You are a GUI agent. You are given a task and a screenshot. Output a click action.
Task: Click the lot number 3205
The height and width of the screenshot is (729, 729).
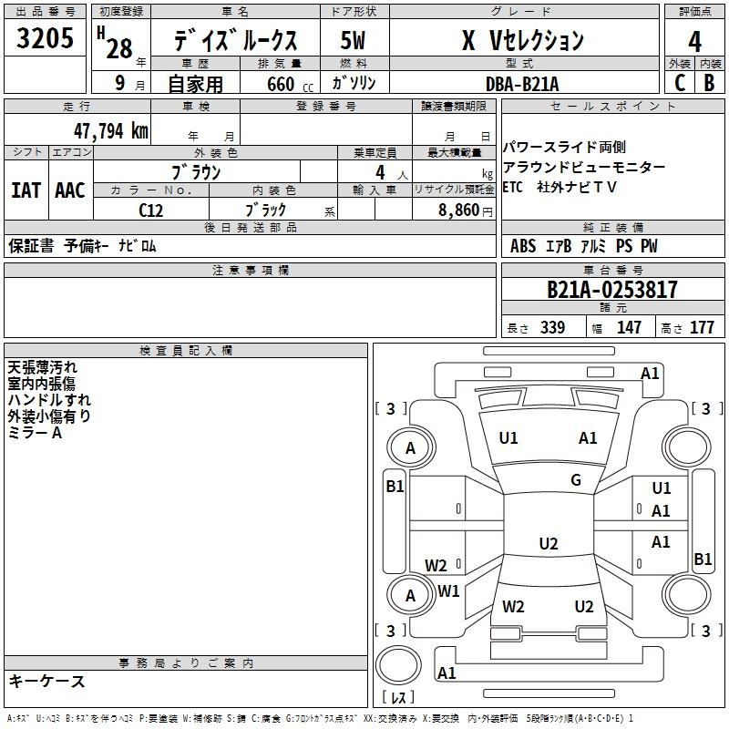coord(45,37)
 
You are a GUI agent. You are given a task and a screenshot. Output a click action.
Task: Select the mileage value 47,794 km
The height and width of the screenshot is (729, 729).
coord(110,131)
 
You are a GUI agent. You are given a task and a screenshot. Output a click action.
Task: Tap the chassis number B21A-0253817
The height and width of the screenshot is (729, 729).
coord(611,290)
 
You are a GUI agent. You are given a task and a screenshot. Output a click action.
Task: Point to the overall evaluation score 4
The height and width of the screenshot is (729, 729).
coord(694,41)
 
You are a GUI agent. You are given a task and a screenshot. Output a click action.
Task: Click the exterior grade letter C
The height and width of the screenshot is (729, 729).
coord(680,83)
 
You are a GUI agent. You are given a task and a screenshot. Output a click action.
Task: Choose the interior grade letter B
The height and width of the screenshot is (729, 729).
coord(709,83)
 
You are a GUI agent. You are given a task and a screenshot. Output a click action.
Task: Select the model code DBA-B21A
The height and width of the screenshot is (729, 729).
coord(522,84)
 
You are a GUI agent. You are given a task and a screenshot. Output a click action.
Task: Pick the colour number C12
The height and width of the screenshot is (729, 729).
coord(150,210)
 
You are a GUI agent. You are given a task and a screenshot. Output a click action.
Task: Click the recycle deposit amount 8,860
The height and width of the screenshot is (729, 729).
coord(459,210)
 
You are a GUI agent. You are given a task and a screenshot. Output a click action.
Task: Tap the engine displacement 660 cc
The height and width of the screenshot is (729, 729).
coord(290,84)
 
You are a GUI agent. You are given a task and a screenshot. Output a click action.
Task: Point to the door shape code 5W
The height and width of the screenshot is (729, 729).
coord(353,40)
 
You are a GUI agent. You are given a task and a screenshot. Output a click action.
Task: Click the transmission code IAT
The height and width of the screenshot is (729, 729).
coord(26,190)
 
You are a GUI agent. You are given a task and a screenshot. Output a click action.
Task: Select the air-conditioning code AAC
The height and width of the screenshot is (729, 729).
coord(70,190)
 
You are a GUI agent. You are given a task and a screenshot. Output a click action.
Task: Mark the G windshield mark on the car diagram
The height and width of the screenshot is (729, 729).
coord(576,480)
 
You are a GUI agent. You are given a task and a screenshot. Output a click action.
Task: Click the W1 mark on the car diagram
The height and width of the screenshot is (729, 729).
coord(448,590)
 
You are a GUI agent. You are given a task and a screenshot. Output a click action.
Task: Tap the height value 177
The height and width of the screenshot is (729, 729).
coord(702,327)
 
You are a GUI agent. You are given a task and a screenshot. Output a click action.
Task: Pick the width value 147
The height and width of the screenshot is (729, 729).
coord(629,327)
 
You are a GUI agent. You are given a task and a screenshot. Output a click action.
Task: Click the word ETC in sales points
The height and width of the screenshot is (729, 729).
coord(512,187)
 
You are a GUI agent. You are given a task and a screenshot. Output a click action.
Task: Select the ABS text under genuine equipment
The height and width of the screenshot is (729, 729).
coord(523,246)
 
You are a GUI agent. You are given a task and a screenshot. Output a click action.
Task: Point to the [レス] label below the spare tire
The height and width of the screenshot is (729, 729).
coord(398,696)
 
